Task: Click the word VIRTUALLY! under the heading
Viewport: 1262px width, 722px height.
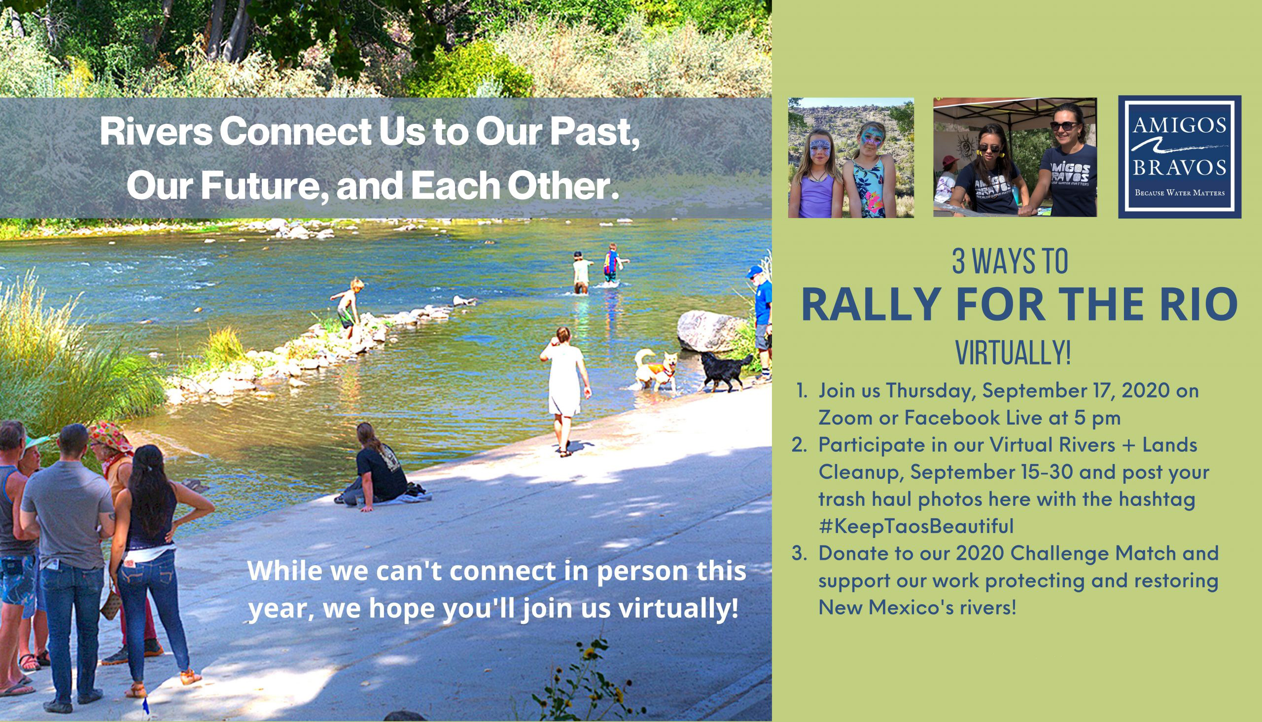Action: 1013,353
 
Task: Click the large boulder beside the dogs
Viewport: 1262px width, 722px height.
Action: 711,331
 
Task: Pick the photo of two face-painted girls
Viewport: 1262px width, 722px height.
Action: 851,158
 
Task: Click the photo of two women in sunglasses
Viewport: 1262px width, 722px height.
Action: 1015,158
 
